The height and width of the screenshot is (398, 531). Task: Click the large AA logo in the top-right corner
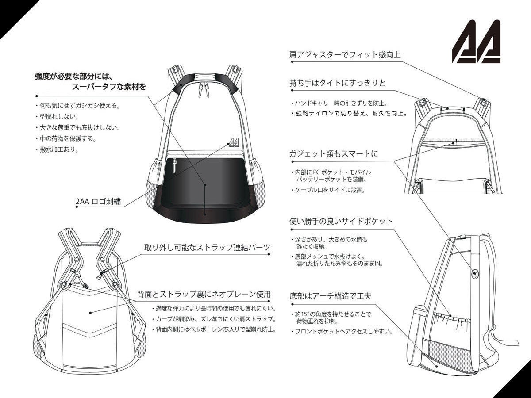[x=476, y=41]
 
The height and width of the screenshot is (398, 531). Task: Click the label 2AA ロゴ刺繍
[x=98, y=201]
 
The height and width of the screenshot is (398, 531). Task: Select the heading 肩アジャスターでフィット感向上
[x=345, y=54]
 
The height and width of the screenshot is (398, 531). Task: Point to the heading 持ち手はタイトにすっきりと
[x=338, y=83]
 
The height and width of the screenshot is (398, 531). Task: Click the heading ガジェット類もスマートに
[x=333, y=153]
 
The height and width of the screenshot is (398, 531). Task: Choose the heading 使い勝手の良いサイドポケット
[x=341, y=221]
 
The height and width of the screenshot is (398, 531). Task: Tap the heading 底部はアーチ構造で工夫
[x=330, y=296]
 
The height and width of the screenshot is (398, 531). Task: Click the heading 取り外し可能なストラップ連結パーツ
[x=207, y=248]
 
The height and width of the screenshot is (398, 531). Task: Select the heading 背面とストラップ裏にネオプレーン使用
[x=204, y=294]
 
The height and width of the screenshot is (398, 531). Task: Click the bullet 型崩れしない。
[x=57, y=117]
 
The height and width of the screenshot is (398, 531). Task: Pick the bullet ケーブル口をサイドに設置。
[x=328, y=190]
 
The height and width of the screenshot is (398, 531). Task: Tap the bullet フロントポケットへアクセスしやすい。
[x=342, y=331]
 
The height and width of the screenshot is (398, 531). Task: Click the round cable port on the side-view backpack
[x=475, y=273]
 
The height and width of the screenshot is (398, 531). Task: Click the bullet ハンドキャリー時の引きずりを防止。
[x=339, y=103]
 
